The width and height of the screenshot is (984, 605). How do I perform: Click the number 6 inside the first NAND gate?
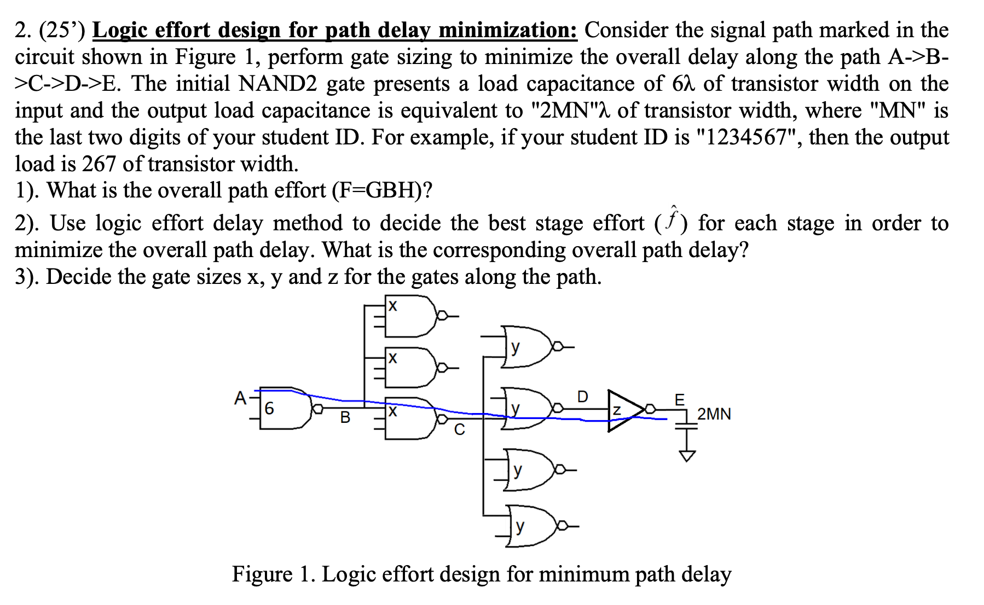pyautogui.click(x=269, y=408)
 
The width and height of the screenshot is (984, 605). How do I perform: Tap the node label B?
pyautogui.click(x=345, y=418)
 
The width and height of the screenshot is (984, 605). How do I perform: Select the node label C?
pyautogui.click(x=459, y=431)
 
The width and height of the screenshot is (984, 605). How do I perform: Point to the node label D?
pyautogui.click(x=582, y=397)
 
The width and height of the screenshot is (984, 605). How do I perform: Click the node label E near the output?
pyautogui.click(x=679, y=399)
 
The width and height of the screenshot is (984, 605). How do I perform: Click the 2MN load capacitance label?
pyautogui.click(x=714, y=414)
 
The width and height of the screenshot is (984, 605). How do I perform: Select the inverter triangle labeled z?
pyautogui.click(x=624, y=410)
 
